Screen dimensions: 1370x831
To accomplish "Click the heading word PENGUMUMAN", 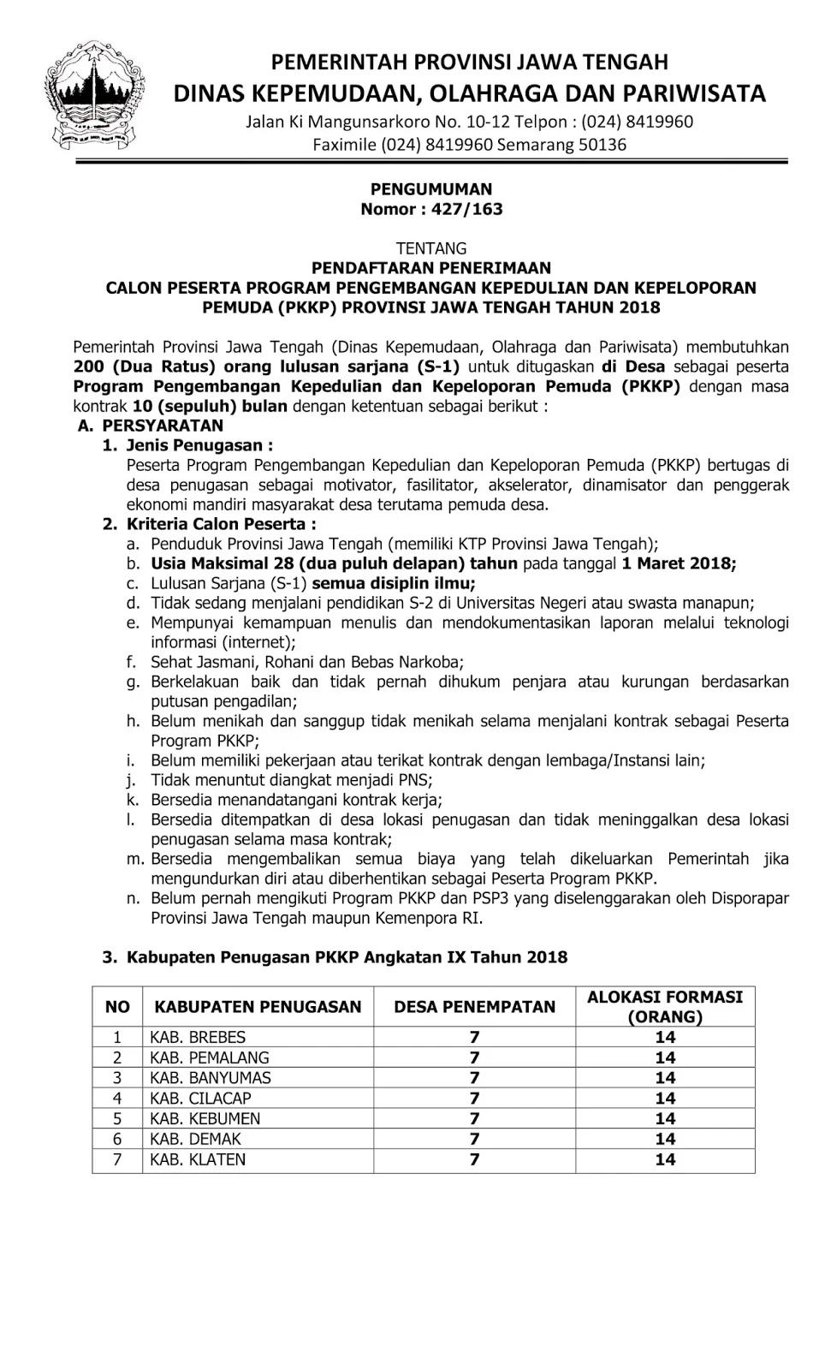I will point(431,189).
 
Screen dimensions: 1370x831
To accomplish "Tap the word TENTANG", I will point(431,248).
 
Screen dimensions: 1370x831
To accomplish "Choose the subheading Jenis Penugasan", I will point(199,445).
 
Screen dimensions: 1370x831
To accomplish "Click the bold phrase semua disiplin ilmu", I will point(394,583).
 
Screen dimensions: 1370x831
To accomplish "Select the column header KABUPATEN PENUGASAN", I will point(258,1007).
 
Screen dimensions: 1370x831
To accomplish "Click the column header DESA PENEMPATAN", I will point(474,1007).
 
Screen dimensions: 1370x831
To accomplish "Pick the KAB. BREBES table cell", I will point(198,1037).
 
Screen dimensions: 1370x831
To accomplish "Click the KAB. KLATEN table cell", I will point(198,1160).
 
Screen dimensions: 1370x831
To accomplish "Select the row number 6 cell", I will point(117,1140).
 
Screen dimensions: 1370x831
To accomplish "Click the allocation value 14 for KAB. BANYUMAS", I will point(665,1078).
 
